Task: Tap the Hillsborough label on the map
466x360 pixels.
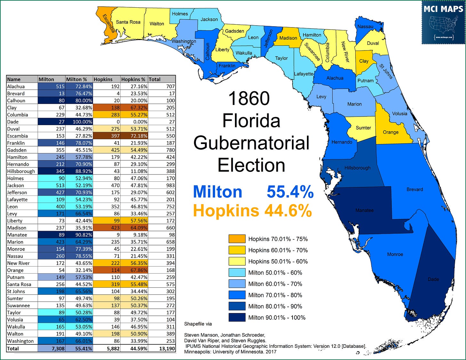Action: pyautogui.click(x=357, y=168)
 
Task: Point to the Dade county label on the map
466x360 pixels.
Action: pyautogui.click(x=433, y=279)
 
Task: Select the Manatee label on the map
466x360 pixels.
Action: pyautogui.click(x=364, y=210)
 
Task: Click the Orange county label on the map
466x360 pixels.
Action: pyautogui.click(x=390, y=132)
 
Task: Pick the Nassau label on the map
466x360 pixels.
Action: pyautogui.click(x=365, y=27)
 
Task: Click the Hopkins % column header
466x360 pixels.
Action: pyautogui.click(x=133, y=79)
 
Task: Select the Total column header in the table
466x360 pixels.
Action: pyautogui.click(x=155, y=79)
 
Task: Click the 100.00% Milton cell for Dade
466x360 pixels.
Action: pyautogui.click(x=79, y=122)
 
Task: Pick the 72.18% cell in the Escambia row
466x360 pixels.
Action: pyautogui.click(x=134, y=136)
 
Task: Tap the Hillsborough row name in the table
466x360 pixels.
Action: pyautogui.click(x=21, y=171)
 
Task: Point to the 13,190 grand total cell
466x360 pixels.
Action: pyautogui.click(x=167, y=348)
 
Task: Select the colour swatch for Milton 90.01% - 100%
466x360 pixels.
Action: pyautogui.click(x=237, y=317)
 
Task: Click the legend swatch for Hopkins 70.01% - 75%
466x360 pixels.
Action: pyautogui.click(x=237, y=239)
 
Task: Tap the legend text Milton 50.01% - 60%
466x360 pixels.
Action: pyautogui.click(x=275, y=273)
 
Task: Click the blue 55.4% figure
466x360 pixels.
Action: pyautogui.click(x=290, y=192)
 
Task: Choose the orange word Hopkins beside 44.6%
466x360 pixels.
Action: pyautogui.click(x=226, y=211)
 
